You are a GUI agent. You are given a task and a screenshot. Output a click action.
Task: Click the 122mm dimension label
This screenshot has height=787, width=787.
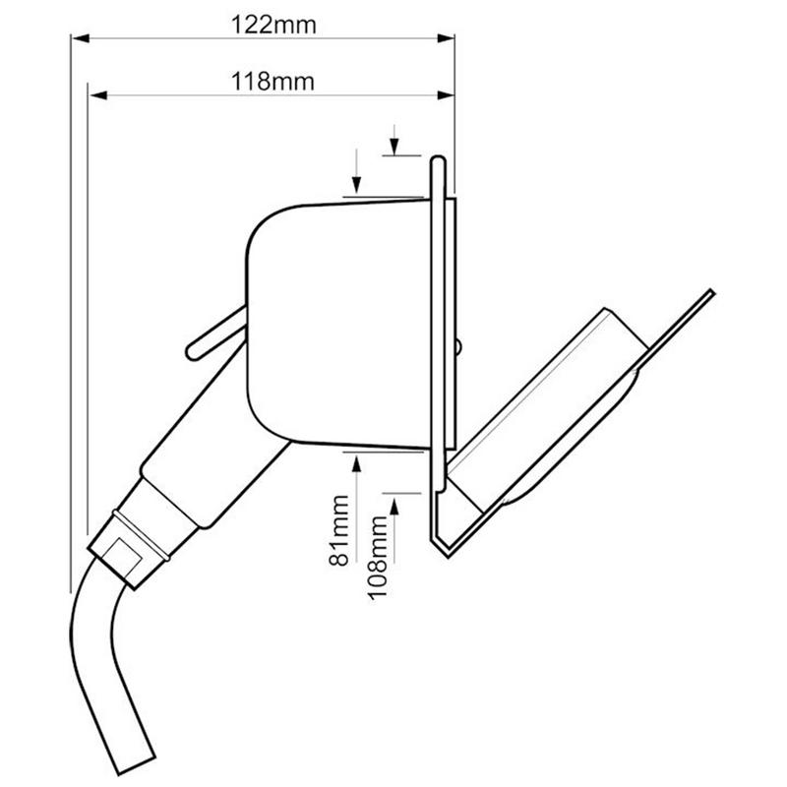click(273, 25)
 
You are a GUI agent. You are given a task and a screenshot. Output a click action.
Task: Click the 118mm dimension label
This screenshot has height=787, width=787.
click(272, 82)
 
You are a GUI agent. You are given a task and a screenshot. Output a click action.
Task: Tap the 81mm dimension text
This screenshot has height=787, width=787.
click(339, 530)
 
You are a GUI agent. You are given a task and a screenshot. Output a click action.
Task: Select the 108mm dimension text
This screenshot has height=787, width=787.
click(379, 558)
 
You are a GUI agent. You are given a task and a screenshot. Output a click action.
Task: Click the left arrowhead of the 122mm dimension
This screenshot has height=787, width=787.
click(81, 38)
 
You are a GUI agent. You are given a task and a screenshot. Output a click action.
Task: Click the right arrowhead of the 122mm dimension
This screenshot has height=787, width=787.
click(446, 38)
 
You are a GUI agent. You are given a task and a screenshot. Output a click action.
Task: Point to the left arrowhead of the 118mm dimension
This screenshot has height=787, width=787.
click(97, 95)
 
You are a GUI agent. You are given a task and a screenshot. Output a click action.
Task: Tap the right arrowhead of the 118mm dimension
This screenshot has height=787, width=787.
click(446, 95)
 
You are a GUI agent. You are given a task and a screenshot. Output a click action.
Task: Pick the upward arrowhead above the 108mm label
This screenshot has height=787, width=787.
click(394, 506)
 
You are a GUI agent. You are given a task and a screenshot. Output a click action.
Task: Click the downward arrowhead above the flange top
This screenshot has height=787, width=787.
click(394, 147)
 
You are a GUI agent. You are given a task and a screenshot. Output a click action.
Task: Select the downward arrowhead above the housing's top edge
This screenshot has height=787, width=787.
click(356, 184)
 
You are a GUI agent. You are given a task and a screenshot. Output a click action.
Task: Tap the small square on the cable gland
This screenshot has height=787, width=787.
click(121, 556)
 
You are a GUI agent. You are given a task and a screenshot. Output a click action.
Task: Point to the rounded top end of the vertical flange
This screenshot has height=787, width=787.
click(438, 161)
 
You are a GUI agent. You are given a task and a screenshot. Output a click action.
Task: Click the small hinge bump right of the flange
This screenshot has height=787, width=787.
click(458, 346)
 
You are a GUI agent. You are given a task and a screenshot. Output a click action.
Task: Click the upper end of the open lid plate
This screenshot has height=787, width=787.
click(710, 292)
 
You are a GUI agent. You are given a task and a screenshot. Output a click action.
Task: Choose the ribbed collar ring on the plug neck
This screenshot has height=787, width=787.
click(142, 534)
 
